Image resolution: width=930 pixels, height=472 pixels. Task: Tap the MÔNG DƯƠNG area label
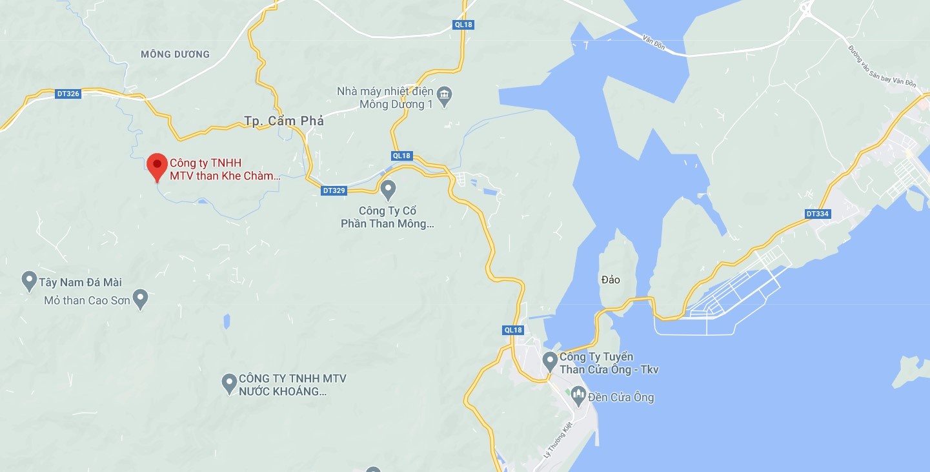175,54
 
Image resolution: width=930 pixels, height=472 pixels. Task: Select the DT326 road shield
68,94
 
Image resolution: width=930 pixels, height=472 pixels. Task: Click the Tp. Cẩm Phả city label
284,121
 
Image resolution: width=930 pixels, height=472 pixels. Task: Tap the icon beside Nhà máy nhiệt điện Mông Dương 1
444,97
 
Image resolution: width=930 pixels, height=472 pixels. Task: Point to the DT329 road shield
334,190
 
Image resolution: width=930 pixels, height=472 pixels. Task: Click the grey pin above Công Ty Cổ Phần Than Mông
388,189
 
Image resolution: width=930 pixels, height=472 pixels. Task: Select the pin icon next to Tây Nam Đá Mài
28,281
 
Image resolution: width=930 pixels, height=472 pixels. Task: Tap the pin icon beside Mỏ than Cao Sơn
140,299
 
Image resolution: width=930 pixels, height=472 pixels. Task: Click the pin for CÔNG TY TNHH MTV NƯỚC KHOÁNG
228,384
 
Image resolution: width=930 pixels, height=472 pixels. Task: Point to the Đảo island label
610,280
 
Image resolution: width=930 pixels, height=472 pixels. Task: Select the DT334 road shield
817,214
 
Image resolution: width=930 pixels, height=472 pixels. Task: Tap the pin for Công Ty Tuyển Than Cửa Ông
550,361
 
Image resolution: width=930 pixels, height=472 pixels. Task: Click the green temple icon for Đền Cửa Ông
578,395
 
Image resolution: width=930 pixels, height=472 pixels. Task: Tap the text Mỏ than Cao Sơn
86,300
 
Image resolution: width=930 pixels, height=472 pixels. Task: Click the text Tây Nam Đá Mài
81,282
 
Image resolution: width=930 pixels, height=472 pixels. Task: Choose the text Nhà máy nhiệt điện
385,91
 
